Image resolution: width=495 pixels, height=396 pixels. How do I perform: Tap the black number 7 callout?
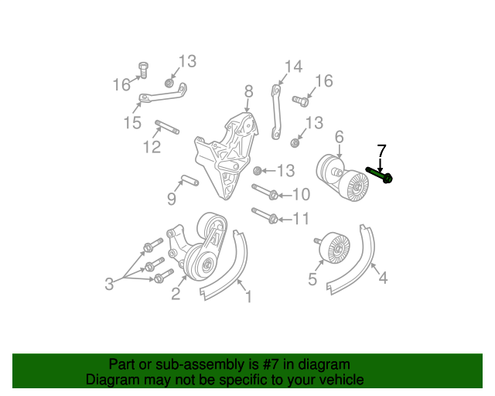click(x=381, y=150)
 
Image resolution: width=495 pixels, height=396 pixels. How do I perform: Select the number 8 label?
click(x=248, y=92)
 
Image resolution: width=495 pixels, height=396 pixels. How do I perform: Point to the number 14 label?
click(x=292, y=67)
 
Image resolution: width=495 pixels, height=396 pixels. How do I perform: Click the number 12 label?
click(x=152, y=146)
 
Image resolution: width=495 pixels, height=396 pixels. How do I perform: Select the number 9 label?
click(x=172, y=200)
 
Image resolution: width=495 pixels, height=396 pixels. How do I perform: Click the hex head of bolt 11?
click(x=272, y=219)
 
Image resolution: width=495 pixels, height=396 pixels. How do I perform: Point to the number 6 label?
click(x=339, y=138)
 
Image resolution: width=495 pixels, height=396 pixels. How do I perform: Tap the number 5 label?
click(x=312, y=279)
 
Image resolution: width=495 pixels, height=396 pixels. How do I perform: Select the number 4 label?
click(x=382, y=277)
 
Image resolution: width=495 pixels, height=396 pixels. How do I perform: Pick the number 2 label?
click(x=176, y=293)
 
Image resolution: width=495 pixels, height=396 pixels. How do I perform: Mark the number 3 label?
click(x=110, y=285)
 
